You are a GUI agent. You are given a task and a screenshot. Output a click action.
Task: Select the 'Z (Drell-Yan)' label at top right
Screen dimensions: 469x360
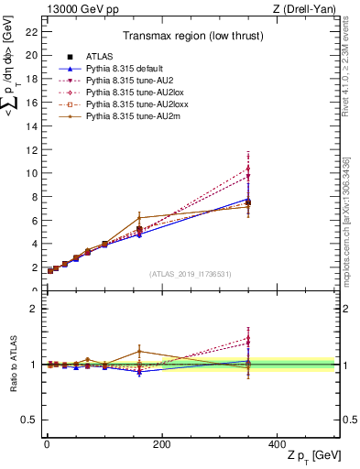(x=306, y=10)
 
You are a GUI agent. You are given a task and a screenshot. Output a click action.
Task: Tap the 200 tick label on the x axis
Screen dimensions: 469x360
(x=161, y=443)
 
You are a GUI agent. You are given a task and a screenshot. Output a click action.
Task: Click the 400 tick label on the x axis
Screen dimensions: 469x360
(x=277, y=443)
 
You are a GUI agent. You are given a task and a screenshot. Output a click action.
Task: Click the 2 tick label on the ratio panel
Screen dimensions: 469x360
(x=33, y=309)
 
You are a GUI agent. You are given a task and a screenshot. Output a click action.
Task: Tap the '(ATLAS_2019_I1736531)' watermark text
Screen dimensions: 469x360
(x=190, y=273)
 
